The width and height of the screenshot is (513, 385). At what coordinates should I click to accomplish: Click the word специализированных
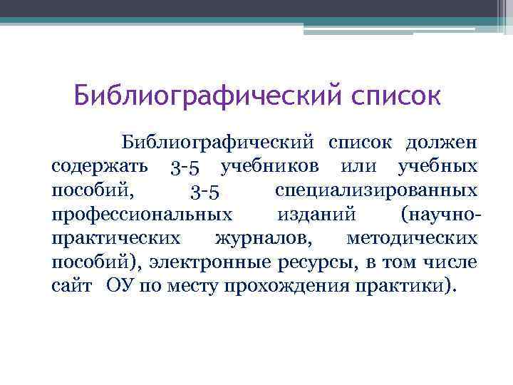click(x=375, y=191)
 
